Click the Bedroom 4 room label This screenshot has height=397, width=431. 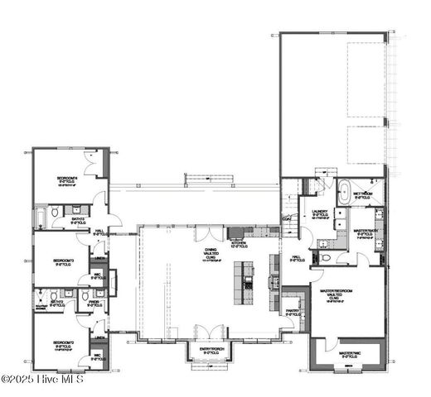pos(67,179)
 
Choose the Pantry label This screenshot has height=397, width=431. pos(293,313)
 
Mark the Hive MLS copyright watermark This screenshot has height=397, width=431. pos(43,380)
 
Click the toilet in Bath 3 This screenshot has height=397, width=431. pos(56,213)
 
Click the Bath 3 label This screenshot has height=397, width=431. pos(78,220)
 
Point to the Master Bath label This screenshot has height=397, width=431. pos(366,234)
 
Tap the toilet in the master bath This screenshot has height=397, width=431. pos(327,259)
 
